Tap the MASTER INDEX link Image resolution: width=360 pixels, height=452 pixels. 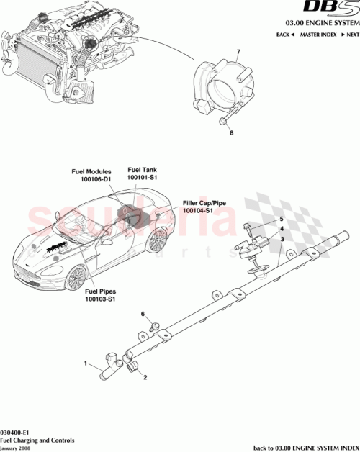(x=318, y=35)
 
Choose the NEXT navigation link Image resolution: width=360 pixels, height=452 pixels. (x=348, y=35)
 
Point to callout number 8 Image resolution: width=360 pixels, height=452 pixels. (x=231, y=133)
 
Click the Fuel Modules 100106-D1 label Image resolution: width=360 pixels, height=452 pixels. (x=91, y=176)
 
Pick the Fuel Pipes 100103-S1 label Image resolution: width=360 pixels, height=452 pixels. (x=101, y=295)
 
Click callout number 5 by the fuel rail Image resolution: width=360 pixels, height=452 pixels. (x=282, y=219)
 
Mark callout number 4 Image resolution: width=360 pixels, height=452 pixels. (x=282, y=228)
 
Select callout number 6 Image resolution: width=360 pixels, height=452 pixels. (x=143, y=314)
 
